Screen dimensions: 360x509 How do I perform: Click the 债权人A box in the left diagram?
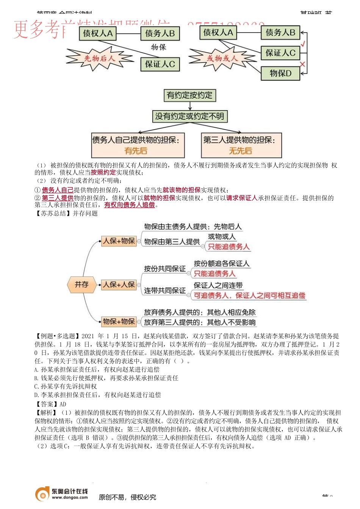[x=97, y=33]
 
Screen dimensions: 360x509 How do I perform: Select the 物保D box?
[x=280, y=73]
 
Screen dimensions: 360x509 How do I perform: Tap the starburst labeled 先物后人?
[x=99, y=58]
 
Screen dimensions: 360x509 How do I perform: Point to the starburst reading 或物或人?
[x=222, y=58]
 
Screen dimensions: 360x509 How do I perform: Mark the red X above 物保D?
[x=302, y=64]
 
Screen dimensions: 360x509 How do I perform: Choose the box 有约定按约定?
[x=189, y=95]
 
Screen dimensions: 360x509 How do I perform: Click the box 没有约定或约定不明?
[x=189, y=116]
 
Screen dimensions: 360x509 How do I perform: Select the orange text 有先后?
[x=136, y=151]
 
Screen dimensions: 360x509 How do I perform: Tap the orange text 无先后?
[x=240, y=151]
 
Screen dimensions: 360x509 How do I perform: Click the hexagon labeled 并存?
[x=81, y=284]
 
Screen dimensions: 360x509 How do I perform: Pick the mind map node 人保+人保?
[x=119, y=284]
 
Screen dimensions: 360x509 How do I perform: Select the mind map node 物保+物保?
[x=119, y=322]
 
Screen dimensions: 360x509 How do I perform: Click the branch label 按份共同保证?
[x=164, y=269]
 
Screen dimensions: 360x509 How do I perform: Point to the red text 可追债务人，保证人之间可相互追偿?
[x=249, y=295]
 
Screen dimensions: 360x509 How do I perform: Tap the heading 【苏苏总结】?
[x=53, y=213]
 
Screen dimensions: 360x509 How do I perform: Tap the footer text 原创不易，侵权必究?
[x=127, y=497]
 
